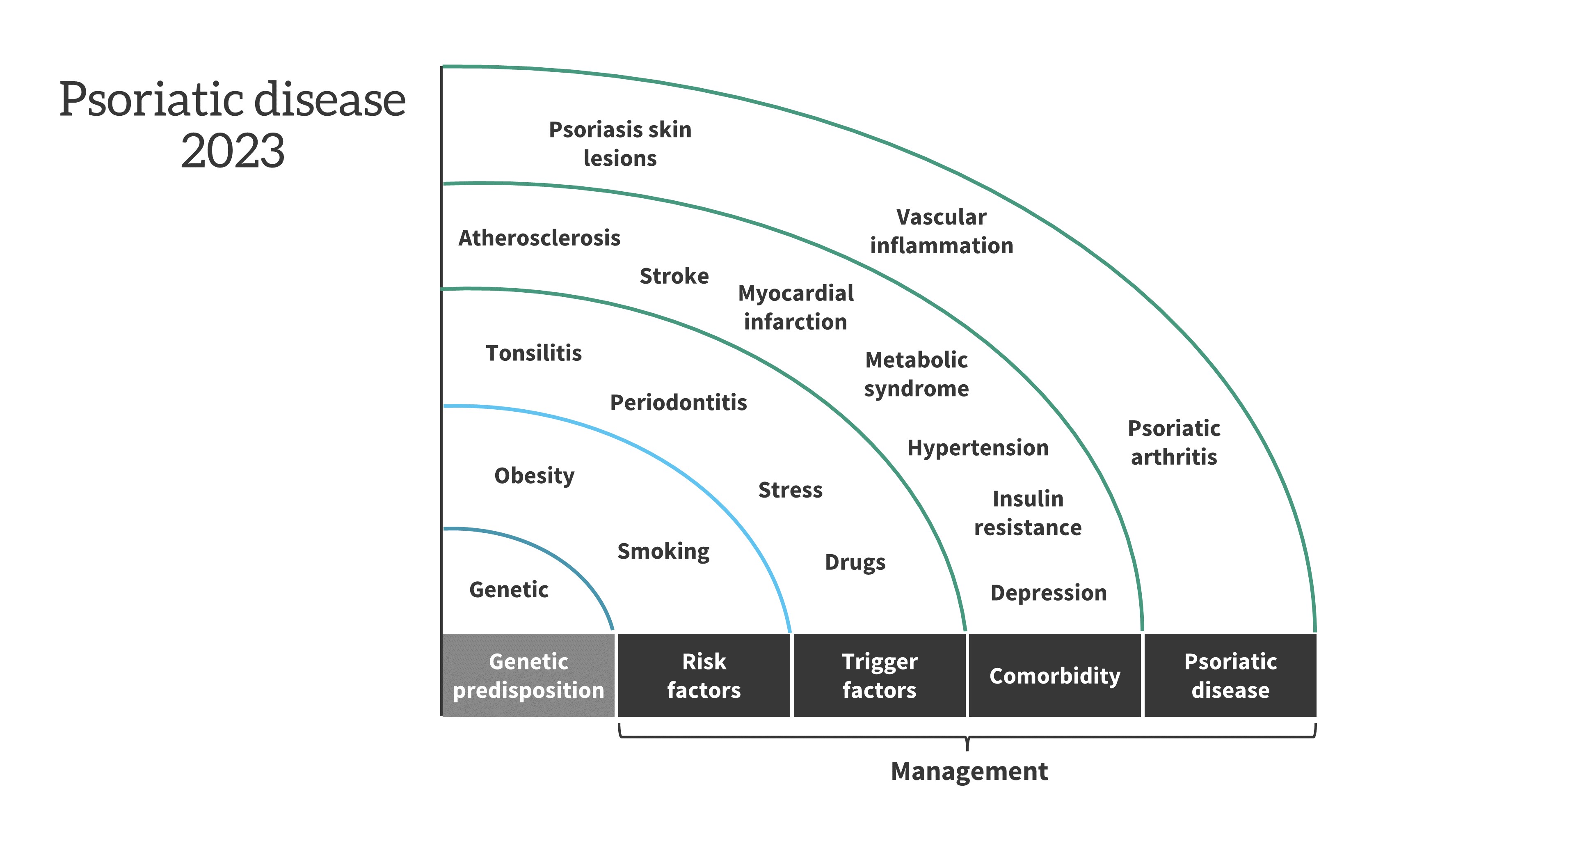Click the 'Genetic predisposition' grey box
click(528, 675)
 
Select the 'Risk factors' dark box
click(704, 675)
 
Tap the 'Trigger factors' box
click(879, 675)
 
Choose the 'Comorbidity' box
click(1055, 675)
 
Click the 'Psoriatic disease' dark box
click(1230, 675)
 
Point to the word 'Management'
click(969, 771)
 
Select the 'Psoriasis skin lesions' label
click(620, 144)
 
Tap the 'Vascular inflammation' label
click(942, 231)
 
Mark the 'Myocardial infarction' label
click(796, 307)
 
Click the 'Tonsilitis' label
click(534, 353)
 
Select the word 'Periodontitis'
click(679, 402)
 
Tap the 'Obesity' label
click(535, 476)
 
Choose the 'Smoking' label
click(663, 552)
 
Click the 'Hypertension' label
click(978, 448)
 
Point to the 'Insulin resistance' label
click(1028, 513)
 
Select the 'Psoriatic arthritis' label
click(1174, 442)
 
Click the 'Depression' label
click(1049, 593)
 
